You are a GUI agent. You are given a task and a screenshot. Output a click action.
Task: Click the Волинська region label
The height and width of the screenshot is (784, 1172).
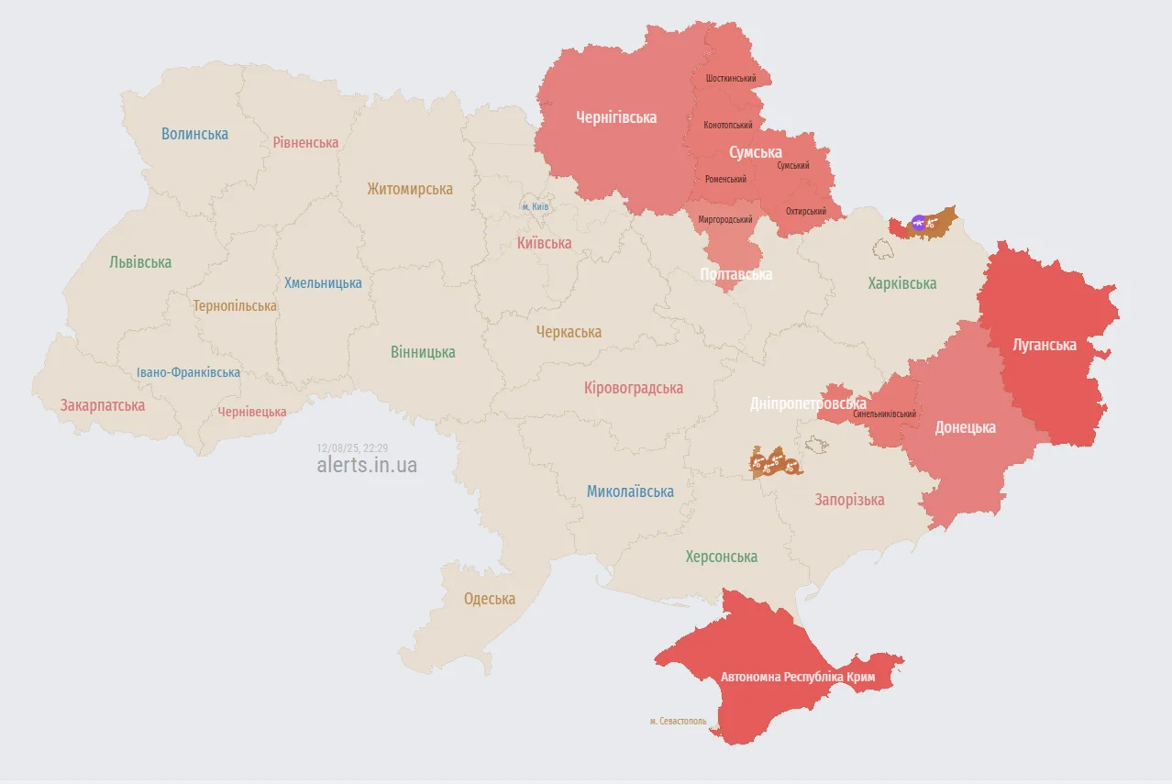click(x=194, y=134)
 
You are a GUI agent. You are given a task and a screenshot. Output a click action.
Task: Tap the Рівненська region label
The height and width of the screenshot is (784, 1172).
click(x=305, y=142)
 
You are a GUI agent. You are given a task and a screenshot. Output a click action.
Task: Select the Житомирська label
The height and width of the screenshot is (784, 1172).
click(x=409, y=189)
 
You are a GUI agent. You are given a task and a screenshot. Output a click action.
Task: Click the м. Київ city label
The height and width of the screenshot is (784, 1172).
click(x=536, y=207)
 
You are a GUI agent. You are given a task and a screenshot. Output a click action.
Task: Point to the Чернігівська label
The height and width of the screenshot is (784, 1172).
click(x=616, y=117)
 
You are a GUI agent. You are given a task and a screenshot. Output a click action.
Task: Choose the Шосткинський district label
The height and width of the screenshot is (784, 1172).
click(x=731, y=79)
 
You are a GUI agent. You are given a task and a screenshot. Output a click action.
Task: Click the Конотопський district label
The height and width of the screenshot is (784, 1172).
click(x=728, y=125)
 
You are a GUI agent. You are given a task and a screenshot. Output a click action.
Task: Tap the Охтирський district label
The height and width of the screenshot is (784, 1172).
click(x=805, y=212)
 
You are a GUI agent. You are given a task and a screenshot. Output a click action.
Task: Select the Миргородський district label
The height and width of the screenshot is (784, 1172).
click(x=724, y=220)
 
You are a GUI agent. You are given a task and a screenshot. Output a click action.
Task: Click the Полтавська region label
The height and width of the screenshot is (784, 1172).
click(x=735, y=274)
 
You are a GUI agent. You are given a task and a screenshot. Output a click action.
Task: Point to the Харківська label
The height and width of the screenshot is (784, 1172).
click(x=902, y=283)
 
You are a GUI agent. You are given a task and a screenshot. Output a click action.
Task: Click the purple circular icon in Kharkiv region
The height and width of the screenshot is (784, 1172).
click(x=918, y=222)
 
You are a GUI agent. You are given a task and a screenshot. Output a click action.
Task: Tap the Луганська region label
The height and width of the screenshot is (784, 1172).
click(x=1044, y=345)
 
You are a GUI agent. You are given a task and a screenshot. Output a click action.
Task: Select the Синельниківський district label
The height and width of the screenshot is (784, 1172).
click(x=884, y=414)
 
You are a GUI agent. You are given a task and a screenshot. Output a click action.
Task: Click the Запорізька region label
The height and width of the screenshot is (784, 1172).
click(x=849, y=500)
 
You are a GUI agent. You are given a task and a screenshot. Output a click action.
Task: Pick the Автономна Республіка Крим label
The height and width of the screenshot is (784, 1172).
click(x=798, y=678)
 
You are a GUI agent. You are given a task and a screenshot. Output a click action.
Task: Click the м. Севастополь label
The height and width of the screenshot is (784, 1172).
click(x=679, y=722)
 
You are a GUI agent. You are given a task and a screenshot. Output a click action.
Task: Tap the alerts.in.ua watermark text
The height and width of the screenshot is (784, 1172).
click(x=367, y=465)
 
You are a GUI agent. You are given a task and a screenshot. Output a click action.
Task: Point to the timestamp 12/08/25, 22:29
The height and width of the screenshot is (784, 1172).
click(x=352, y=447)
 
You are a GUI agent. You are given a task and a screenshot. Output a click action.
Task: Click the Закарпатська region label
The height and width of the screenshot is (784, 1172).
click(x=103, y=404)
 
